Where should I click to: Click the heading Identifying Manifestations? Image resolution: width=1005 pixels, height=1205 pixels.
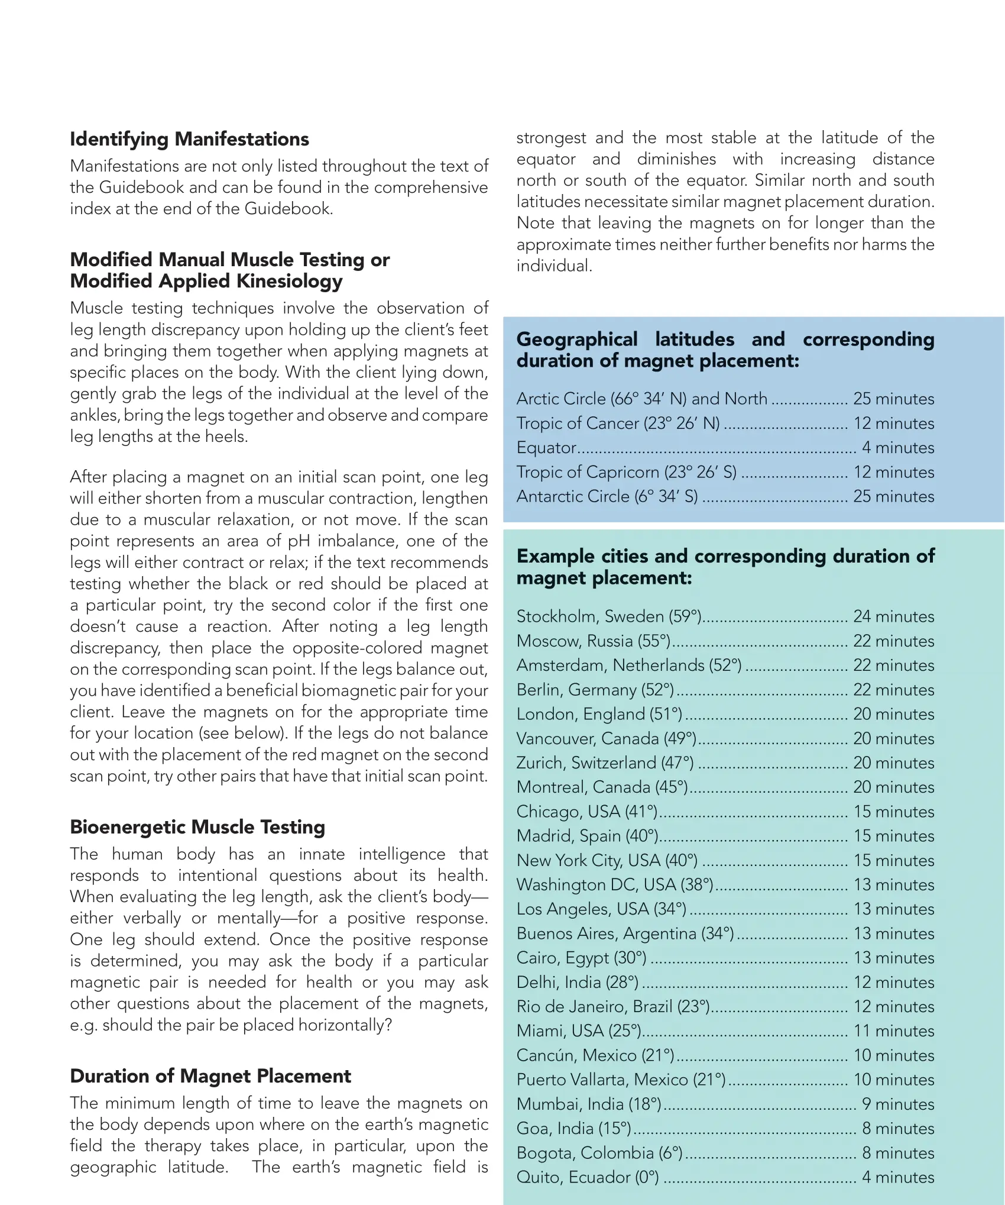click(189, 140)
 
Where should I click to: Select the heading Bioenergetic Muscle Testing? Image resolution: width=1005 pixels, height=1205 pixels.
click(197, 827)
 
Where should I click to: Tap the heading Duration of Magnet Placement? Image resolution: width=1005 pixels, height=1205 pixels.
click(210, 1076)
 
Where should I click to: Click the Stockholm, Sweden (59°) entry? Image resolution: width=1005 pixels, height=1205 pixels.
click(608, 616)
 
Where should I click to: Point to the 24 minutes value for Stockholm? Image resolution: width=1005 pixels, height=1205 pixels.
click(893, 616)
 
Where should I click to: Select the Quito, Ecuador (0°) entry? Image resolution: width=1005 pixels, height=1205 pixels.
click(587, 1177)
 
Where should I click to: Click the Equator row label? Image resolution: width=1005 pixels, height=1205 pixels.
click(546, 448)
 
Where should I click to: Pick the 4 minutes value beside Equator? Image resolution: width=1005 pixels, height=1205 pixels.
click(897, 448)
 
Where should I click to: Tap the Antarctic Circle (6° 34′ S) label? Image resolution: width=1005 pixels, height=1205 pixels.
click(607, 496)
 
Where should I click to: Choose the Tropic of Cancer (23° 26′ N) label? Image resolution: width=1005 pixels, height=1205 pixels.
click(618, 424)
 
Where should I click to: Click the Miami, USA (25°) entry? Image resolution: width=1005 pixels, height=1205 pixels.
click(579, 1031)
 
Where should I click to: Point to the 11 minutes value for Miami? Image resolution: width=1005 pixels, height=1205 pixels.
click(893, 1031)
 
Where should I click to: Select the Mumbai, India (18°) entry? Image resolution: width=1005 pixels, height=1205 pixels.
click(588, 1104)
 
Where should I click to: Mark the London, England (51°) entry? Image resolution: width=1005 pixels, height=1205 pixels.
click(599, 714)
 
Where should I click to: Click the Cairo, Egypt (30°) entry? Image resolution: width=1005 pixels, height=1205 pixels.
click(581, 958)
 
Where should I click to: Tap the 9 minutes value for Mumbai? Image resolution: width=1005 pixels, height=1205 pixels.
click(897, 1104)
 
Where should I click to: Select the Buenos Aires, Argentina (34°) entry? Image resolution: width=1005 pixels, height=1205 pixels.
click(625, 933)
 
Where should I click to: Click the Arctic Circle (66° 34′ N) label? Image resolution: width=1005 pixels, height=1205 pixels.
click(641, 399)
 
